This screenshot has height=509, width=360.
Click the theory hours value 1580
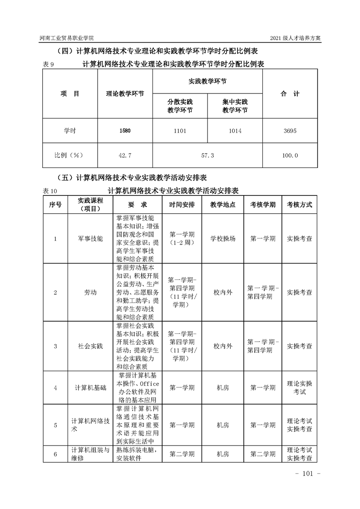coord(125,131)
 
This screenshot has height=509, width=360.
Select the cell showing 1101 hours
coord(180,131)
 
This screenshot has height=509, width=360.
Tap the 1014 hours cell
coord(235,131)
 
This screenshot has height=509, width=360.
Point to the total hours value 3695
coord(290,131)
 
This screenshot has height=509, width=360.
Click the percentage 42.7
coord(125,155)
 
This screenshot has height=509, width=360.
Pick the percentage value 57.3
coord(207,155)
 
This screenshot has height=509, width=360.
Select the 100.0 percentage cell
coord(290,155)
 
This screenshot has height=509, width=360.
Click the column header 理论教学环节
coord(125,94)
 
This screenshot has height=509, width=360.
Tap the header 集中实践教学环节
coord(235,106)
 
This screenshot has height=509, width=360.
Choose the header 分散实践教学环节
coord(180,106)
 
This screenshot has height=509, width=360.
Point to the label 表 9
coord(48,64)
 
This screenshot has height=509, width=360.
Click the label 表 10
coord(50,191)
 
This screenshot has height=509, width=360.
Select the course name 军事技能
coord(90,238)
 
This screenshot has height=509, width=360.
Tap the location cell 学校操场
coord(223,238)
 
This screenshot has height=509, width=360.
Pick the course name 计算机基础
coord(90,388)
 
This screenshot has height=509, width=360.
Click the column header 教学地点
coord(223,205)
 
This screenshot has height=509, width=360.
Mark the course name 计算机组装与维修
coord(90,454)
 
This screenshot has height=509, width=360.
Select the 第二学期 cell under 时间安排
coord(182,454)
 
